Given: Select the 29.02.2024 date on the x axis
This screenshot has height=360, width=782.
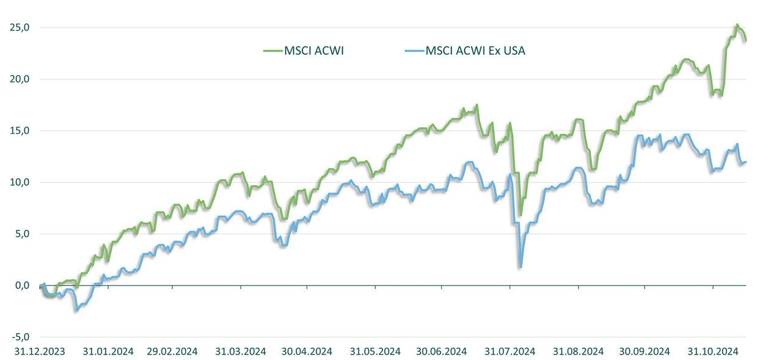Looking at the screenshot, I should tap(173, 351).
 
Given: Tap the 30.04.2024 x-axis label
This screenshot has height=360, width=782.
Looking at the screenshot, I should tap(307, 351).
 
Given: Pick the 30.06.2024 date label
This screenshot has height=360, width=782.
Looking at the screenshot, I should tap(442, 351).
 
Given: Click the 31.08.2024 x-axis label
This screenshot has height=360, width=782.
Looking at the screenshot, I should tap(578, 351).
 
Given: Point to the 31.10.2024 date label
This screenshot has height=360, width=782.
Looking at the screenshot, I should tap(714, 351).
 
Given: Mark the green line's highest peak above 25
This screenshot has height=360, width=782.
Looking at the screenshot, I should tap(737, 24).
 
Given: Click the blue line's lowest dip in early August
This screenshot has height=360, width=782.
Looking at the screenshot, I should tap(521, 266).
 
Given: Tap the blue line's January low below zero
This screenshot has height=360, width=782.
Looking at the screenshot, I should tap(77, 310).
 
